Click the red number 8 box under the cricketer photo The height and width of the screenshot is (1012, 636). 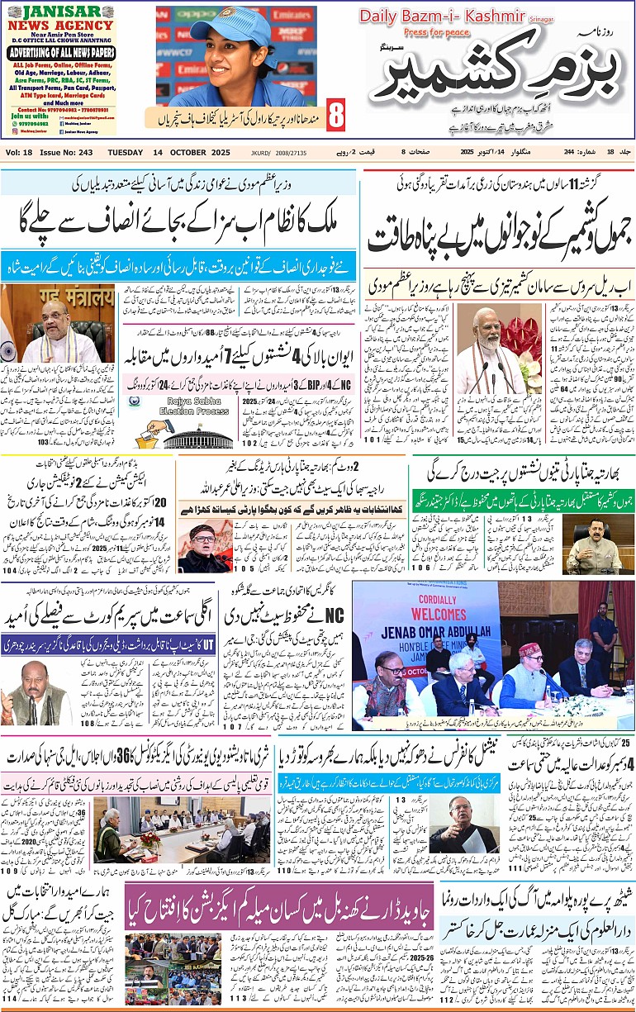335,116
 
